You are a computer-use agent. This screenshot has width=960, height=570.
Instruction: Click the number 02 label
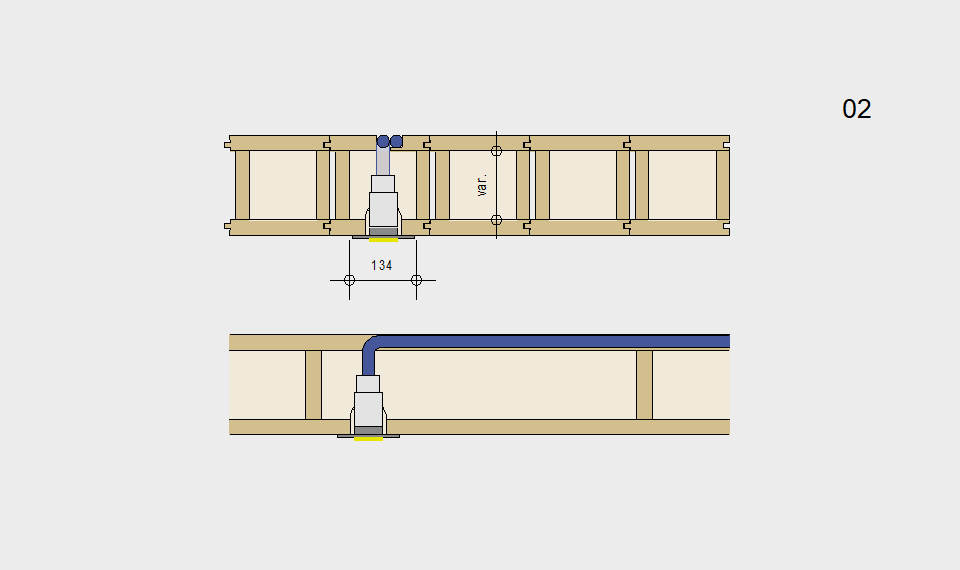(857, 109)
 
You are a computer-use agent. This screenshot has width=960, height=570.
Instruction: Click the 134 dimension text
(381, 265)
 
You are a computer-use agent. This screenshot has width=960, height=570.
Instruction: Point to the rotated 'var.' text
(482, 185)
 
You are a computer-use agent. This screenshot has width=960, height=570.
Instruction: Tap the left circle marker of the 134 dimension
(350, 280)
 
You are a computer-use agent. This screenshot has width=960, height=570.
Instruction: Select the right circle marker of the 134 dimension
(416, 280)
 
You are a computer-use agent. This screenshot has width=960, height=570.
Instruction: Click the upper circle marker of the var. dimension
(497, 151)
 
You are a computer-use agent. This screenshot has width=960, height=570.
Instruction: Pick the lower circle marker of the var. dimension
(497, 220)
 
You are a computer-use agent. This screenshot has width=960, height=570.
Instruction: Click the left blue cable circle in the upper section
(383, 141)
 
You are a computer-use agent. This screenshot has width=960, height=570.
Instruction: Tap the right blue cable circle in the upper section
(396, 141)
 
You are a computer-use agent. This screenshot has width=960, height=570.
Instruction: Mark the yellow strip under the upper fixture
(383, 240)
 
